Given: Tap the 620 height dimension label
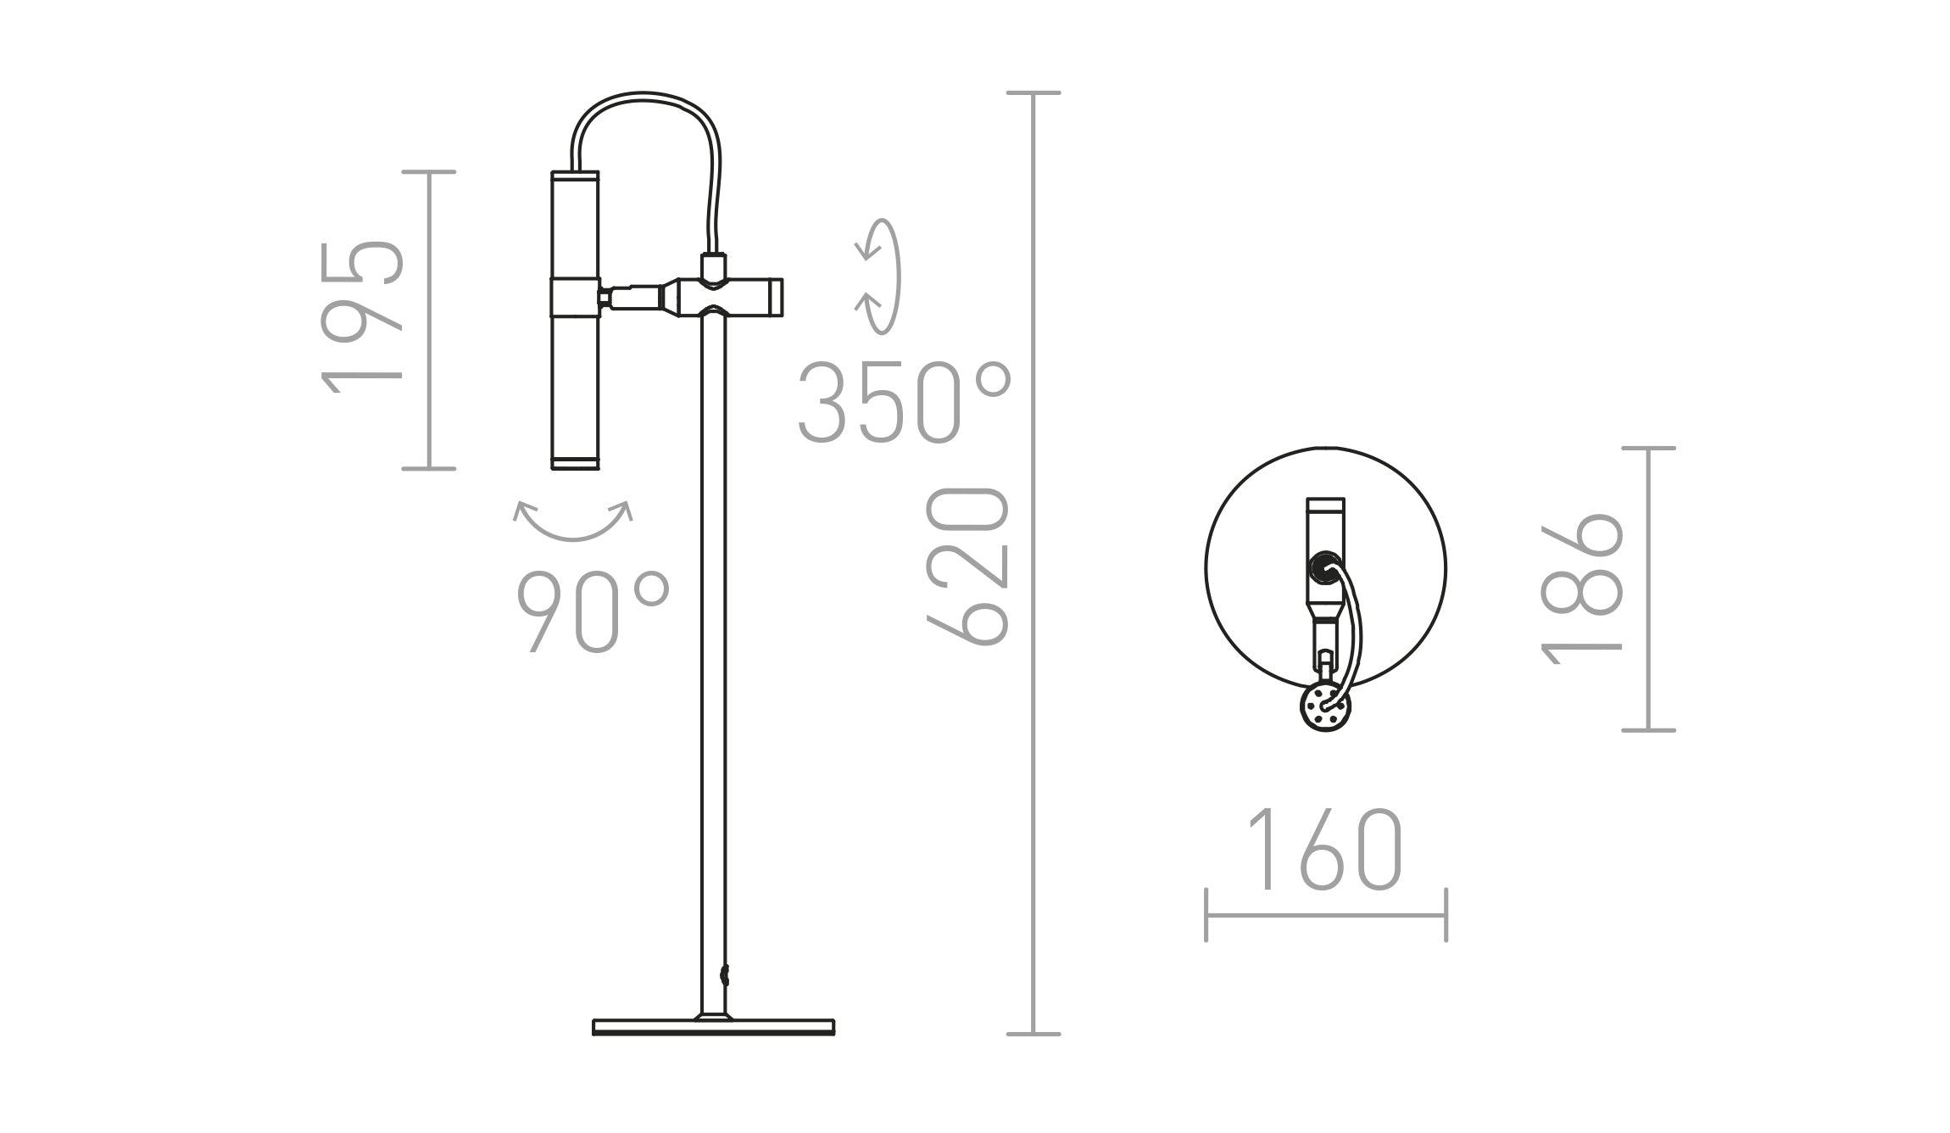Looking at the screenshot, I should click(967, 566).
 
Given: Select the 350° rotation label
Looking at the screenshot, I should click(904, 403).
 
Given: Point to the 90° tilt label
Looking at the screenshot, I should click(593, 611).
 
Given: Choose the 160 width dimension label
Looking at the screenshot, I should click(1325, 850).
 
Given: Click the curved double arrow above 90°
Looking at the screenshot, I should click(573, 521).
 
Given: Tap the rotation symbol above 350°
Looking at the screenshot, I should click(878, 276).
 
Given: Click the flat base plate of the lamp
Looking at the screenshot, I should click(713, 1027).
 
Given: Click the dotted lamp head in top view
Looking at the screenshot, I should click(1325, 706).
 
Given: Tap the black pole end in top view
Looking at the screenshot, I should click(1323, 566).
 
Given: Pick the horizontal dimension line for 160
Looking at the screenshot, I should click(1325, 915).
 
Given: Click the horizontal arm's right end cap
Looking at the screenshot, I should click(776, 297).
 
